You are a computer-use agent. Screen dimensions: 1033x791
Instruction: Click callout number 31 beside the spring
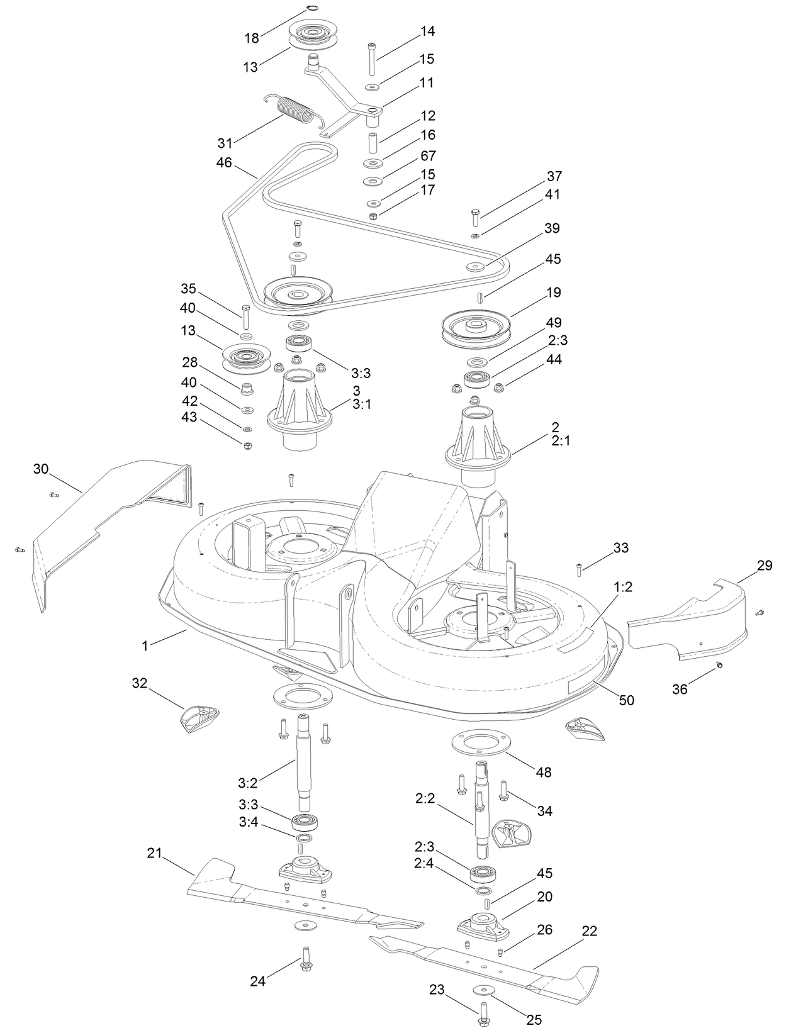(x=225, y=143)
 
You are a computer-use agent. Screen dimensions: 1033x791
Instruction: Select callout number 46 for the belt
(x=224, y=163)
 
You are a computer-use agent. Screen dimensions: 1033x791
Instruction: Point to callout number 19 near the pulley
(x=554, y=293)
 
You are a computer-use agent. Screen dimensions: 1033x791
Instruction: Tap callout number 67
(x=428, y=155)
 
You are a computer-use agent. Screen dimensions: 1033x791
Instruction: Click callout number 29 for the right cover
(x=764, y=566)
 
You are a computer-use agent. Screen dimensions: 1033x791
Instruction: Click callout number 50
(x=627, y=700)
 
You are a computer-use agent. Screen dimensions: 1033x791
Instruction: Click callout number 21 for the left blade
(x=154, y=854)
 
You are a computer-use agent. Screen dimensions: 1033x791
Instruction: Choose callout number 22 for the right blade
(x=589, y=930)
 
